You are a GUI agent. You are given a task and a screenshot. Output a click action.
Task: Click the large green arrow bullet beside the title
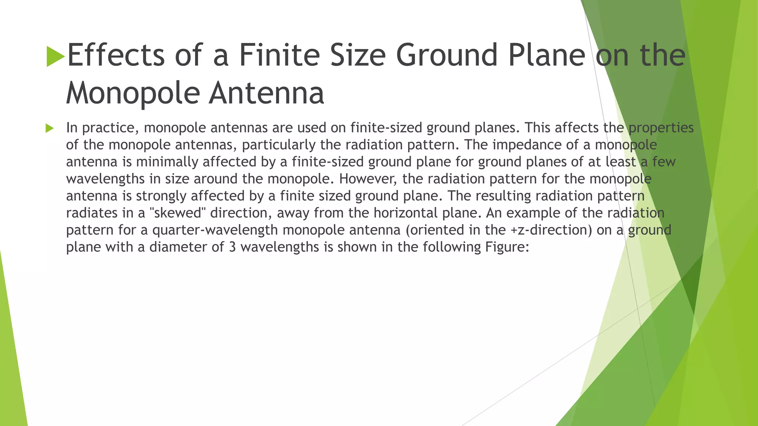56,57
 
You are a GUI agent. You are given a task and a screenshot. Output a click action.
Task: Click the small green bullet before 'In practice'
50,128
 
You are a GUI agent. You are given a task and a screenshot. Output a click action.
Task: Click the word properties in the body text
661,128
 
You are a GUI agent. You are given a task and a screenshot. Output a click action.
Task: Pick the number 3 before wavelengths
232,247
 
